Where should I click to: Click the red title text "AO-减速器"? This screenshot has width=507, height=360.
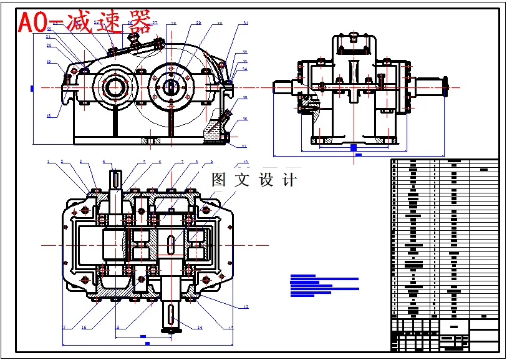click(x=84, y=22)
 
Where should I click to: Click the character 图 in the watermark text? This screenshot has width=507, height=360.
click(x=219, y=180)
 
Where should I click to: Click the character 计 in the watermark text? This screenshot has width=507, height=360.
click(x=289, y=180)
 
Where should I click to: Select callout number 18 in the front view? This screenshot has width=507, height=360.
click(x=48, y=116)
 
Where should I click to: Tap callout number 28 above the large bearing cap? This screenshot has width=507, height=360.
click(x=173, y=24)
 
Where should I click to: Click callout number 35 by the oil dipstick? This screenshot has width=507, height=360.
click(x=245, y=98)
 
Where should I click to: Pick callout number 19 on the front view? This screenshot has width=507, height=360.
click(x=48, y=62)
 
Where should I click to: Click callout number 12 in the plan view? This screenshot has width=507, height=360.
click(x=246, y=307)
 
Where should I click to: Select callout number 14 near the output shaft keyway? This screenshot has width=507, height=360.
click(x=200, y=327)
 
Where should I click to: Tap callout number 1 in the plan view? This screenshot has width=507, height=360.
click(x=48, y=162)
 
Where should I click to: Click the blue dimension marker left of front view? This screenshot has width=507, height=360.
click(x=32, y=89)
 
